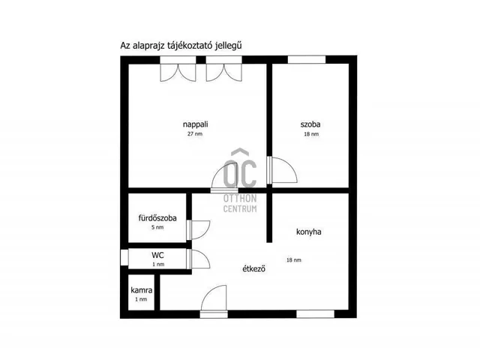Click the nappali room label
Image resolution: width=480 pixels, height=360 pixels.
(195, 124)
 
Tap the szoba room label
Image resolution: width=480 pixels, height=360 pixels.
(310, 124)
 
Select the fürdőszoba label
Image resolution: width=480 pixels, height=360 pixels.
(157, 218)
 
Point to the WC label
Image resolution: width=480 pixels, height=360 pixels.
(157, 255)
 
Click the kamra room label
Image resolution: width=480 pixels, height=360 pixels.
(142, 290)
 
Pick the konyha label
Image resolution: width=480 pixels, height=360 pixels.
(308, 232)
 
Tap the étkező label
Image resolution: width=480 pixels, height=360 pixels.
(253, 268)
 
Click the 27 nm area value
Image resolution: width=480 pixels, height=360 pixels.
(195, 133)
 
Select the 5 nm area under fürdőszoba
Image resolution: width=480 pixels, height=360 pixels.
(157, 227)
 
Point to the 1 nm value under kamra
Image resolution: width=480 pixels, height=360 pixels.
(141, 299)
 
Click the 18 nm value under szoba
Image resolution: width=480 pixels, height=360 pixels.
(311, 134)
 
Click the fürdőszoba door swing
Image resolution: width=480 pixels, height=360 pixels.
(198, 230)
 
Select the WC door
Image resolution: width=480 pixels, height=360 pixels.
(198, 259)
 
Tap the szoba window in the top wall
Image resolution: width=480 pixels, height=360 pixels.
(307, 60)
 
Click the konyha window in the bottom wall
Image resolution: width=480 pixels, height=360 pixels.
(315, 314)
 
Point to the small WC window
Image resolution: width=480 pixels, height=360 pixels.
(124, 257)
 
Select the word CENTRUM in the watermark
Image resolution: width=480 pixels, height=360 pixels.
(240, 208)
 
